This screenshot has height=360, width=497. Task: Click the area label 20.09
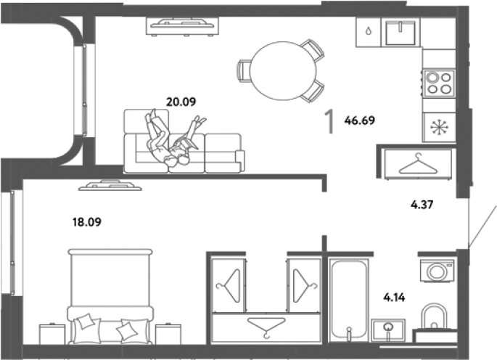point(181,102)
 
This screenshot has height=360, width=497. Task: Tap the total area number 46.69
point(359,120)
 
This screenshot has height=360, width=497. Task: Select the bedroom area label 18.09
point(87,222)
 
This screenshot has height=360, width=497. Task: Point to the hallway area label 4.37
point(422,205)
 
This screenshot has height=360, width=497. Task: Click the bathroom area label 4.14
point(394,298)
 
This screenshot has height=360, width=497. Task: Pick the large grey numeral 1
point(329,121)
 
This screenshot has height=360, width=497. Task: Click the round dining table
point(283,70)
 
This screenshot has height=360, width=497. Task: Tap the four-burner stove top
point(439,83)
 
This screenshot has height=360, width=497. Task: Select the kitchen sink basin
point(401,32)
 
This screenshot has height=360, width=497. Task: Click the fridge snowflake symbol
point(439,127)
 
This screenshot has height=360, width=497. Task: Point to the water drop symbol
point(368,31)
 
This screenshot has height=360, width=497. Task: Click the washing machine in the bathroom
point(438,271)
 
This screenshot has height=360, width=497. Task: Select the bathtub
point(349,300)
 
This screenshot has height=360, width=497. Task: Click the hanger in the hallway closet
point(418,163)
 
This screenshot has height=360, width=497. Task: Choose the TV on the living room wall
point(182,25)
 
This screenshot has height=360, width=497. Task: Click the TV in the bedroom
point(110,186)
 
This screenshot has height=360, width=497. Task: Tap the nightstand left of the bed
point(52,334)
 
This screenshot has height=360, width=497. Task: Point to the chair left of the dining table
point(244,71)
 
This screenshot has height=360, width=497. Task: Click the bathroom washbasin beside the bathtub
point(388,330)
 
